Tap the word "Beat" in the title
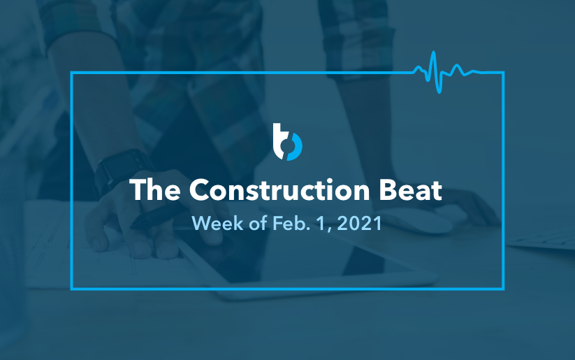coord(414,190)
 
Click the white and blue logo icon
coord(287,141)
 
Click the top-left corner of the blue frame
coord(72,72)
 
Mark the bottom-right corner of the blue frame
coord(503,287)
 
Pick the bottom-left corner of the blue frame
coord(72,287)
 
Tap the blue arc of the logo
coord(296,147)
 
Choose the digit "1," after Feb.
coord(315,224)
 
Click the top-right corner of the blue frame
coord(503,72)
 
